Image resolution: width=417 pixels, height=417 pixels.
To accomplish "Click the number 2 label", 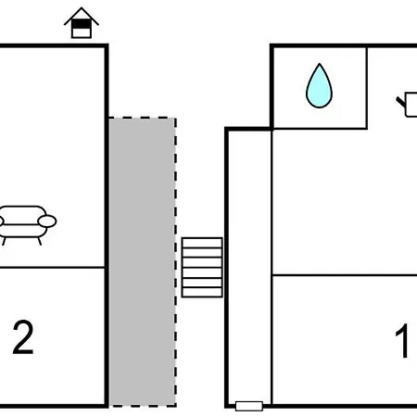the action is click(23, 337).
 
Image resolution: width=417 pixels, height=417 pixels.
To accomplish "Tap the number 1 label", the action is click(402, 340).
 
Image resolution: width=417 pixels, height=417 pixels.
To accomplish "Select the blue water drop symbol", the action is click(319, 86).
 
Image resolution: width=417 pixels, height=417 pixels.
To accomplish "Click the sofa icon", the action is click(26, 225).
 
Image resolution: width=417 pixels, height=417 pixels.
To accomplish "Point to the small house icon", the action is click(82, 22).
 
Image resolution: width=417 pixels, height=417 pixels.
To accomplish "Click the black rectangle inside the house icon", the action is click(82, 24).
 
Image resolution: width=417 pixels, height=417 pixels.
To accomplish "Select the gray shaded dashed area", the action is click(143, 262).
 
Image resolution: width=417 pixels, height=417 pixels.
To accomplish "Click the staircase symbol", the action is click(202, 267).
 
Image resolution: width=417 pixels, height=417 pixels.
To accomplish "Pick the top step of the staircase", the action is click(202, 243).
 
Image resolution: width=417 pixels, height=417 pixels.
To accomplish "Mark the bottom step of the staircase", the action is click(202, 292).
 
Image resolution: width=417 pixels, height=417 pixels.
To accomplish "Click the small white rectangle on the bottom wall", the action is click(249, 406).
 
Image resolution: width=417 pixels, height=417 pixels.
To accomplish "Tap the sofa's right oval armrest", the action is click(47, 221).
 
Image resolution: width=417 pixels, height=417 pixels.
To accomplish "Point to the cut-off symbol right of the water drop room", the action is click(407, 105).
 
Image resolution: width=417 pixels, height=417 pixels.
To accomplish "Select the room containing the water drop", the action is click(320, 87).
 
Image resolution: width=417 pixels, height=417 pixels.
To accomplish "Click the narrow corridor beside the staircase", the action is click(249, 266).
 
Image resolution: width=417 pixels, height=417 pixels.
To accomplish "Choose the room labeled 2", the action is click(52, 336).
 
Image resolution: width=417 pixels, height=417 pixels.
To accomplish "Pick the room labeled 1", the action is click(345, 339).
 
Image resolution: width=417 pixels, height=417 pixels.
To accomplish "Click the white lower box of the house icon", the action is click(82, 32).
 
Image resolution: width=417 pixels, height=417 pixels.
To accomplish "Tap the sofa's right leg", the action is click(39, 241).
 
